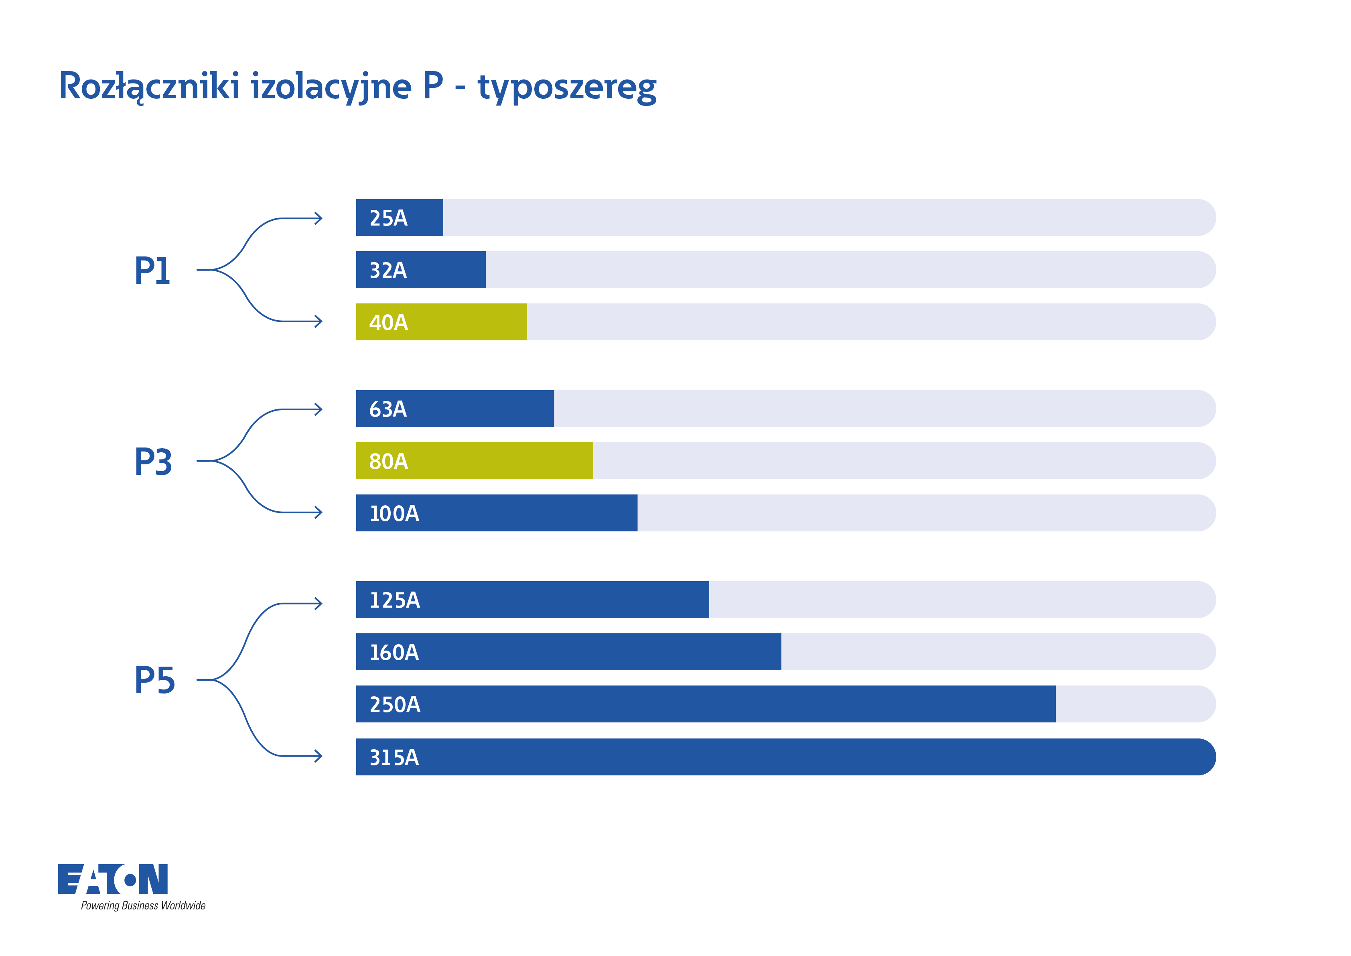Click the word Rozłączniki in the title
(x=150, y=87)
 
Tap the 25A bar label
(x=388, y=218)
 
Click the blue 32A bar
(x=421, y=270)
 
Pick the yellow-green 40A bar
(x=441, y=322)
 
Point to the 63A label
(x=388, y=409)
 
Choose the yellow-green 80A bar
(x=474, y=461)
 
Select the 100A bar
(x=497, y=513)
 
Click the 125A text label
(x=395, y=600)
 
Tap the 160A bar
(x=568, y=652)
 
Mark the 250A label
(x=395, y=705)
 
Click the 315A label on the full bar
(x=394, y=758)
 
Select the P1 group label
(x=152, y=271)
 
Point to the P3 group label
(x=154, y=462)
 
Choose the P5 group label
(x=155, y=681)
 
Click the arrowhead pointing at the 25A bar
(x=319, y=218)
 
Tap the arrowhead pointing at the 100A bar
(x=319, y=512)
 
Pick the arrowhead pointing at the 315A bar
(x=319, y=756)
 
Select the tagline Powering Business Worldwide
(x=143, y=905)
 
